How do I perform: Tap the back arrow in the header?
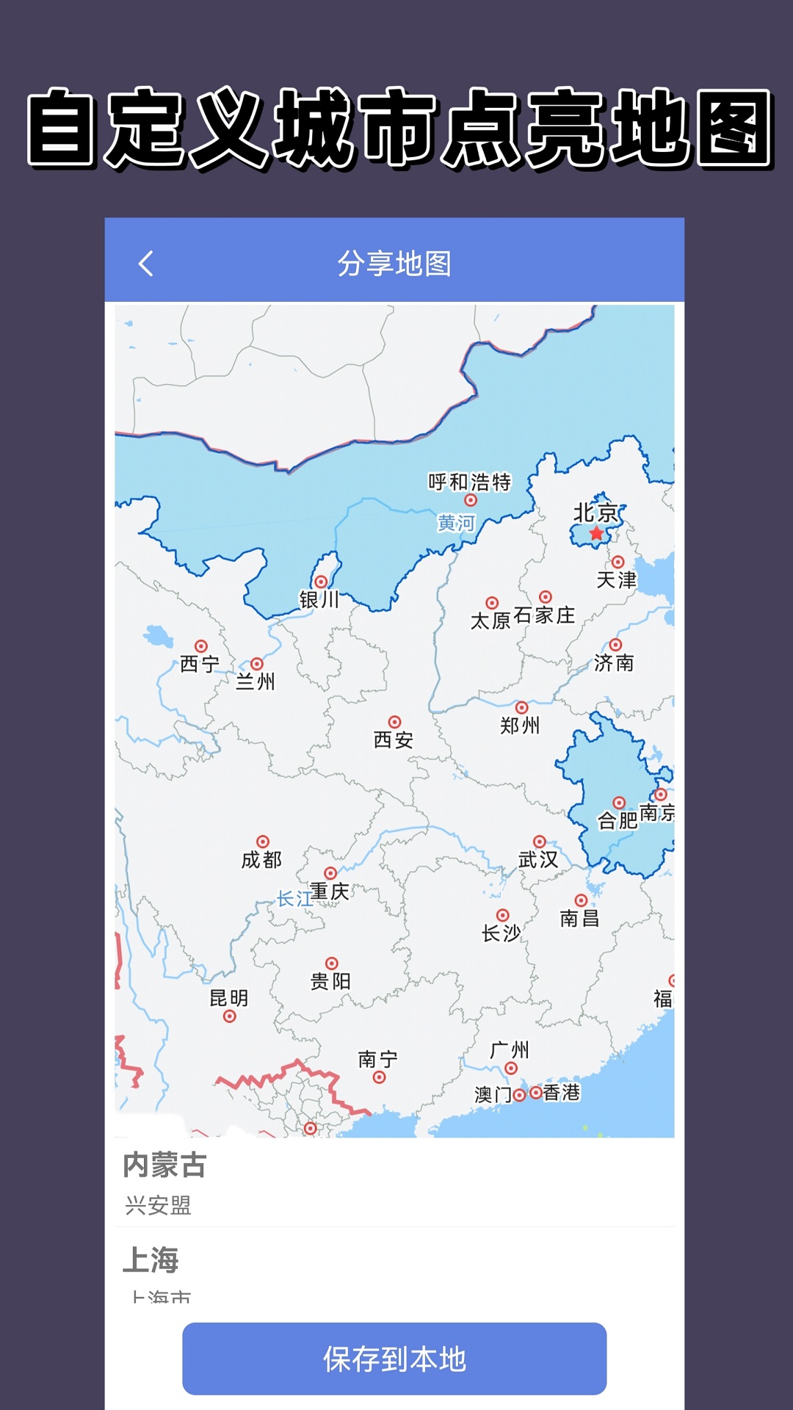pos(146,264)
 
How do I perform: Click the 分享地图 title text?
pos(394,264)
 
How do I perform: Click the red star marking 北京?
pos(597,533)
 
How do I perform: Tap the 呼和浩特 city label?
pos(469,482)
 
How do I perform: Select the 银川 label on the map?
pos(319,599)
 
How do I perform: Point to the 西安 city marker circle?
pos(394,722)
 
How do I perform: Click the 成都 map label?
pos(261,859)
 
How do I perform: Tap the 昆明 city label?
pos(229,998)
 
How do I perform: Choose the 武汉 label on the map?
pos(538,859)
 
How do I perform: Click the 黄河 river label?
pos(456,523)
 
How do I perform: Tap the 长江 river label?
pos(294,898)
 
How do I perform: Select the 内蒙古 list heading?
pos(164,1165)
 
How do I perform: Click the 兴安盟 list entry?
pos(158,1205)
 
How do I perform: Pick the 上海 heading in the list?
pos(151,1259)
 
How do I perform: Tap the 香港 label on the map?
pos(562,1093)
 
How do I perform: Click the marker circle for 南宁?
pos(379,1077)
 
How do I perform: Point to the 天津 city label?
pos(617,579)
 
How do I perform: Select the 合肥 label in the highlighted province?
pos(618,820)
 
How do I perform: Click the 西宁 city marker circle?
pos(201,646)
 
